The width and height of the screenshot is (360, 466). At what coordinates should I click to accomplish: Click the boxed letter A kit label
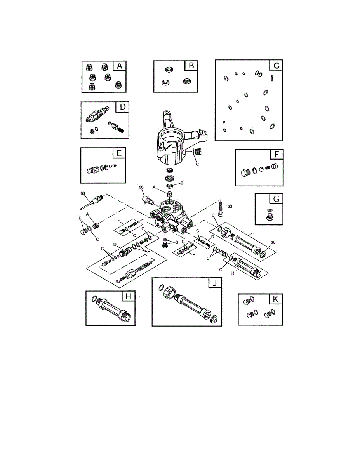(120, 66)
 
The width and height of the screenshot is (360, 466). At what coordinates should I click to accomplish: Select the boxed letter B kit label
(191, 66)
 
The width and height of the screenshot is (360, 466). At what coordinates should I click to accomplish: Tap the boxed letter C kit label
(276, 65)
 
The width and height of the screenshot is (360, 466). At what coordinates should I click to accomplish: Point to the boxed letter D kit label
(123, 107)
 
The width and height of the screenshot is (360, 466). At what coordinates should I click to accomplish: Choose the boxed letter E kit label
(119, 153)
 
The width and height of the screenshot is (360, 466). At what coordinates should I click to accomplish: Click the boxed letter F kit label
(276, 154)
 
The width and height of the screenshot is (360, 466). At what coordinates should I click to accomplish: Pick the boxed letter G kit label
(276, 199)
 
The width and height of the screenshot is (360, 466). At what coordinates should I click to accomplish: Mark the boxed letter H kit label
(128, 296)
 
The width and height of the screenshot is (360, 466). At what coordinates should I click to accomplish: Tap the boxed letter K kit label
(276, 299)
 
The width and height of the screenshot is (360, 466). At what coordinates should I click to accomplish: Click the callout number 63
(82, 193)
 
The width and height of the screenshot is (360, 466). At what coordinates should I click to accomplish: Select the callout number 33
(230, 207)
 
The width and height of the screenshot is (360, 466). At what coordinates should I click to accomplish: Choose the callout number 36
(273, 242)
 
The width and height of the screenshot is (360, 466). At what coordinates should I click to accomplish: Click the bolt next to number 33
(221, 210)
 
